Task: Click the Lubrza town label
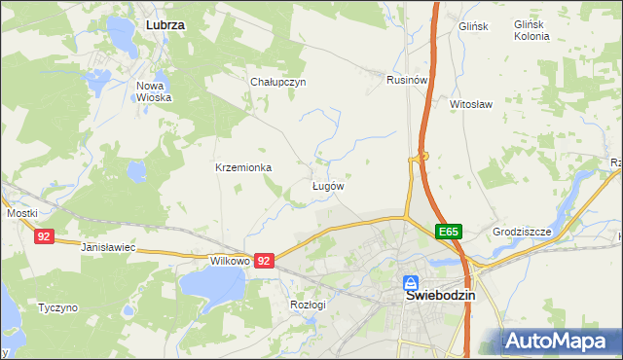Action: (x=165, y=22)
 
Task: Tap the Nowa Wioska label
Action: (x=154, y=91)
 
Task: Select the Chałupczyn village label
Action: (x=278, y=82)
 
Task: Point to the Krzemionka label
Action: (x=242, y=167)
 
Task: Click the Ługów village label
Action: (x=327, y=185)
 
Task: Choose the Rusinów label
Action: (x=407, y=80)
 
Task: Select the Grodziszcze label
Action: (x=522, y=233)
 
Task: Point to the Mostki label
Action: (x=21, y=213)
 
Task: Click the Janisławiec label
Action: (x=107, y=249)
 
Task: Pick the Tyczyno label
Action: (x=57, y=307)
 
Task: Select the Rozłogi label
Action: (x=308, y=305)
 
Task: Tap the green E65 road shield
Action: (x=448, y=232)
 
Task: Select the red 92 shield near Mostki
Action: (x=44, y=236)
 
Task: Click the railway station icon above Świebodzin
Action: (x=413, y=278)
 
